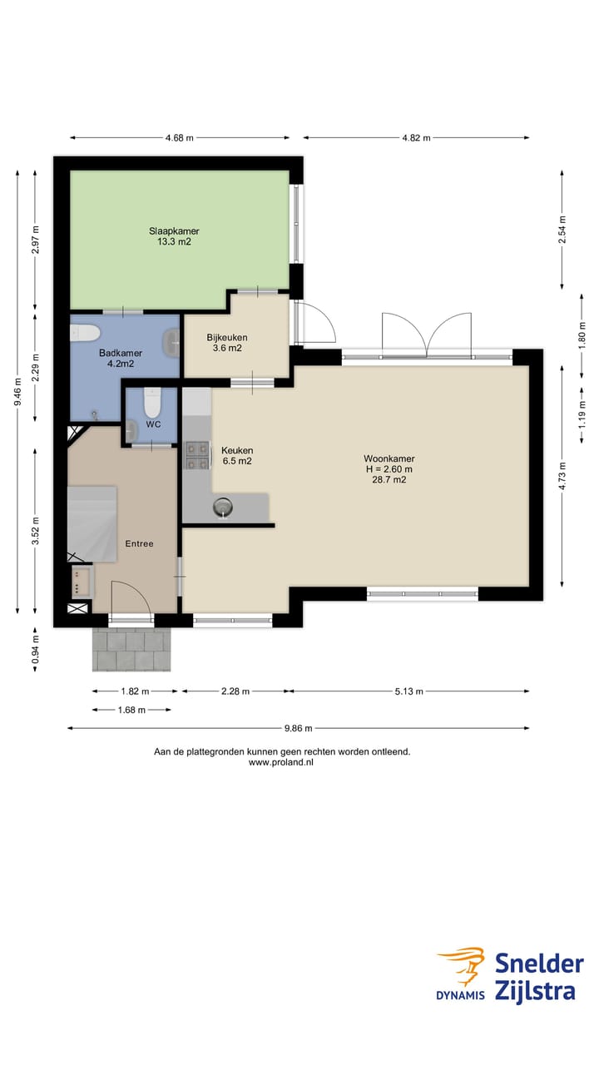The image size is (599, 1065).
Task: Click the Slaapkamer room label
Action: pos(174,236)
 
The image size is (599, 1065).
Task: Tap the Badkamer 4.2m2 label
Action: pos(121,359)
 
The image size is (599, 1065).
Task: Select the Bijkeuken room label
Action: pos(227,342)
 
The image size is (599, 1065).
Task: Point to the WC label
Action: pos(153,424)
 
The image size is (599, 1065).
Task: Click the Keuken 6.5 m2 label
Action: pos(237,455)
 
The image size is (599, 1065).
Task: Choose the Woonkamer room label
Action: pos(389,468)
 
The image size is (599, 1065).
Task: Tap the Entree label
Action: pos(139,543)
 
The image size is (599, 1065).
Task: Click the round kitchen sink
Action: pos(223,508)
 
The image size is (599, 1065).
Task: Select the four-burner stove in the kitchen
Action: pos(197,456)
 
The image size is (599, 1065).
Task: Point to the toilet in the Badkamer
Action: pos(85,333)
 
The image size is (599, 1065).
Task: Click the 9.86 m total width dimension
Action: pos(299,728)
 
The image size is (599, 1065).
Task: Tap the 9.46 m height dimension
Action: pos(17,392)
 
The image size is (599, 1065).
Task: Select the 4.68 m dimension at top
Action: pos(180,138)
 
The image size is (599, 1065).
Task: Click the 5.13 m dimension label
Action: pos(408,691)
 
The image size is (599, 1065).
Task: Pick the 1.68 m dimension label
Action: pos(131,710)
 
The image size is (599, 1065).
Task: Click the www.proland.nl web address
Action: pos(281,762)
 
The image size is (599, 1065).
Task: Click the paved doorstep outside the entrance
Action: pos(131,650)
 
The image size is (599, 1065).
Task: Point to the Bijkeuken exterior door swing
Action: pos(315,322)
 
